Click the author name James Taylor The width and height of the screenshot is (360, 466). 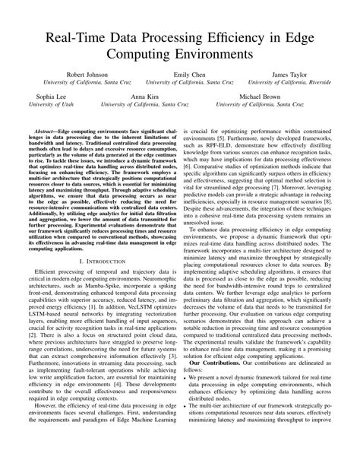pos(291,75)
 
